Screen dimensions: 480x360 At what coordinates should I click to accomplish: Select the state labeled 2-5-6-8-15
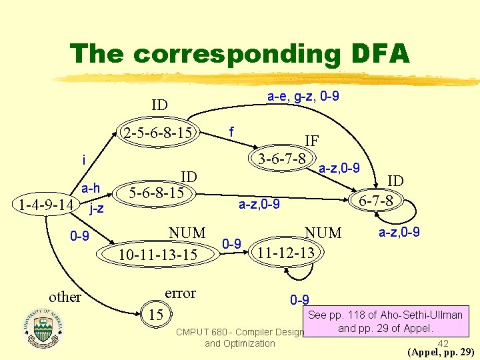[158, 133]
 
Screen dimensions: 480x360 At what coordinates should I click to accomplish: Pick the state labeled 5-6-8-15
[157, 193]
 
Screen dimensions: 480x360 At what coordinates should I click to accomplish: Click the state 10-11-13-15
[158, 255]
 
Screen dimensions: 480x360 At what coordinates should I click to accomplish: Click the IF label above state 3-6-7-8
[311, 141]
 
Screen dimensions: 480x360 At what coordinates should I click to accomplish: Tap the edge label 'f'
[230, 133]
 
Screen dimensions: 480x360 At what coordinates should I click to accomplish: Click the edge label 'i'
[83, 160]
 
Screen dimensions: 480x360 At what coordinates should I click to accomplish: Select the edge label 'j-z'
[96, 209]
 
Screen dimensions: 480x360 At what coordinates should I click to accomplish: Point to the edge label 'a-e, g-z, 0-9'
[303, 97]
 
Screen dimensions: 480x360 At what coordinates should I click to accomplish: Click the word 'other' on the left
[65, 297]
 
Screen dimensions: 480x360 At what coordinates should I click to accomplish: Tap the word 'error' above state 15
[180, 293]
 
